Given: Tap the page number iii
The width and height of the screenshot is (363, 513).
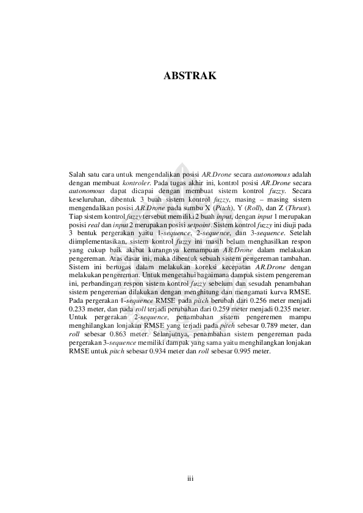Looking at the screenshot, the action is (190, 479).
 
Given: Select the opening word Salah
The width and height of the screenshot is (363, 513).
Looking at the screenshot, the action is (77, 174).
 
